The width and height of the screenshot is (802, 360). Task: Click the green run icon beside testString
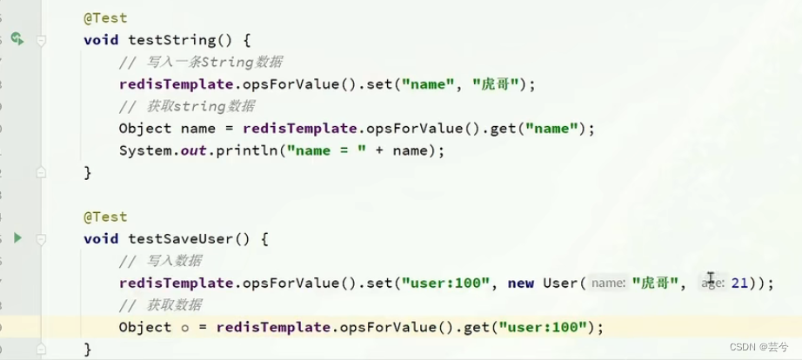17,39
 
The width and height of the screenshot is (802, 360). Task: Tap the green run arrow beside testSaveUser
17,237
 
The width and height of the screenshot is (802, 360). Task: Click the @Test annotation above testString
105,18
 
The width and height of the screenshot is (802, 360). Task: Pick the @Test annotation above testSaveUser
105,217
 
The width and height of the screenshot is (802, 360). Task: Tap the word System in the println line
145,150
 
